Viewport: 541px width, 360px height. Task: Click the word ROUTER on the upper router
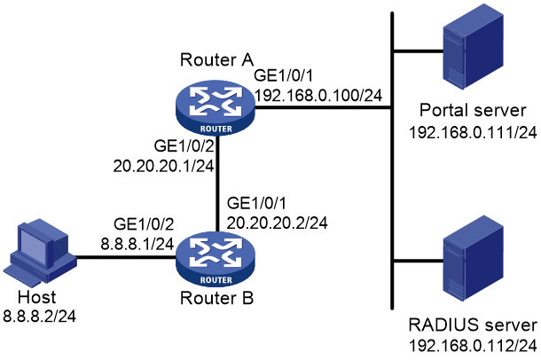216,129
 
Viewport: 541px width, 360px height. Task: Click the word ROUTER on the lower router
216,280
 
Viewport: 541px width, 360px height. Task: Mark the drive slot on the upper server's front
453,40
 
